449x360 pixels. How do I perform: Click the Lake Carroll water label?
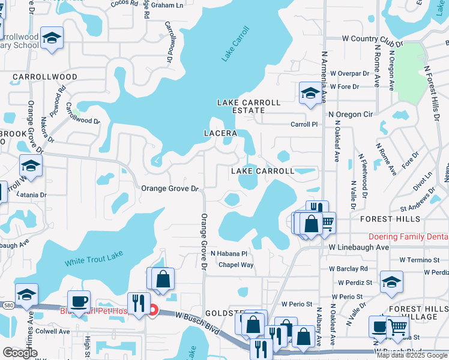pyautogui.click(x=235, y=44)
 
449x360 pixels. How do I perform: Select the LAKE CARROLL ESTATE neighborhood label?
pyautogui.click(x=249, y=106)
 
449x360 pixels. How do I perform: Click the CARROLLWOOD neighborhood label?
pyautogui.click(x=45, y=77)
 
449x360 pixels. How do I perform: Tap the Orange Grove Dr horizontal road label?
pyautogui.click(x=170, y=188)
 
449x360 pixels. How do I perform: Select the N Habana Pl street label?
pyautogui.click(x=229, y=253)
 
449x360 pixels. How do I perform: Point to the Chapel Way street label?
pyautogui.click(x=236, y=265)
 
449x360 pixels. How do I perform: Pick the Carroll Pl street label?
pyautogui.click(x=303, y=125)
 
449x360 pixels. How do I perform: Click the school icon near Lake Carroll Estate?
pyautogui.click(x=310, y=93)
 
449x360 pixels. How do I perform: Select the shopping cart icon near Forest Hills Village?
pyautogui.click(x=397, y=327)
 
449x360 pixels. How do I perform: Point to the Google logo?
pyautogui.click(x=20, y=353)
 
